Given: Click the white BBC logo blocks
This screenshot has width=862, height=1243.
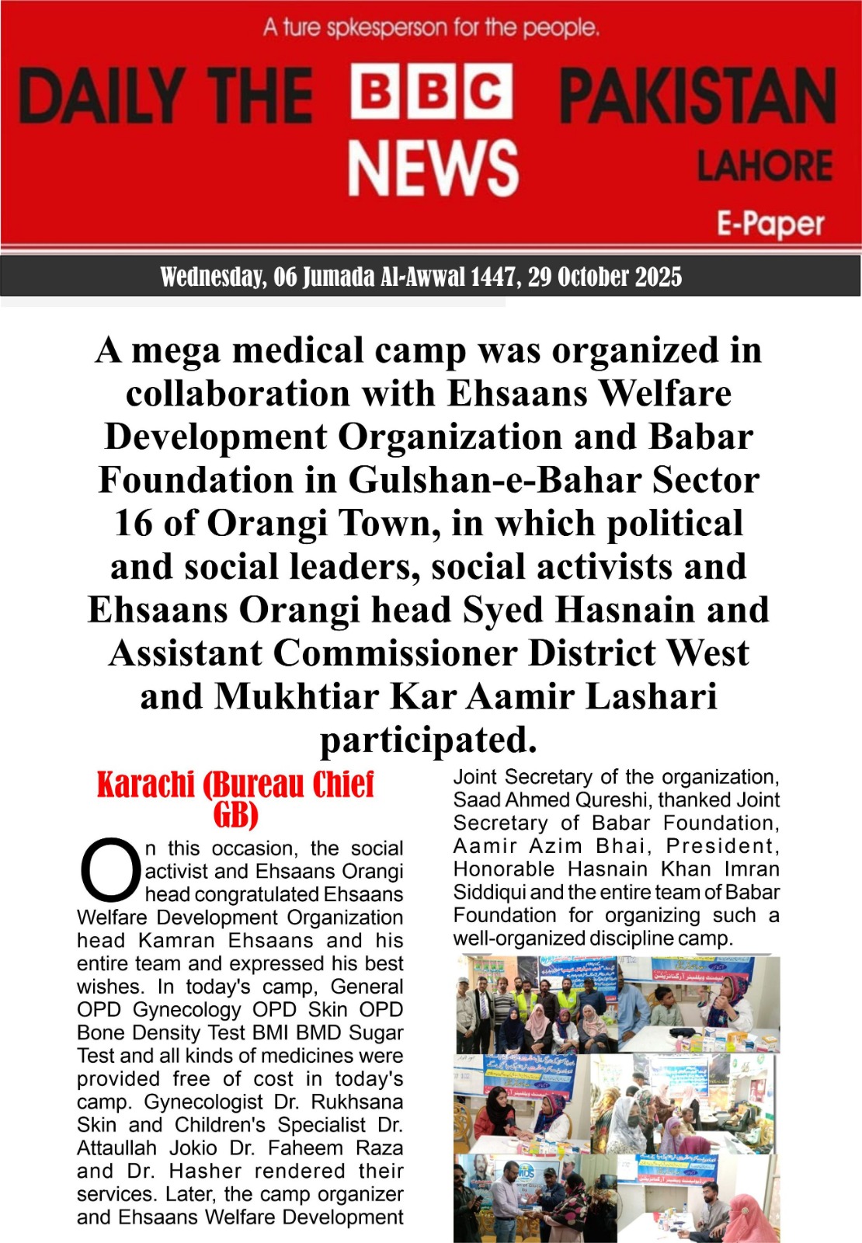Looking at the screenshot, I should click(431, 92).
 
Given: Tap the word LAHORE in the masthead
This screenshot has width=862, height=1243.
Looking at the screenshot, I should click(764, 166).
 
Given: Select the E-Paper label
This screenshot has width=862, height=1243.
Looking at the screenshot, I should click(770, 224).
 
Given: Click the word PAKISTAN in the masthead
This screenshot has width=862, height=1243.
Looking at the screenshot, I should click(697, 96).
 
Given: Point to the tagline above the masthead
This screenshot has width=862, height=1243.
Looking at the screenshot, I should click(431, 28).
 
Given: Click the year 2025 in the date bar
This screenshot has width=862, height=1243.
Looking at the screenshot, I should click(658, 277).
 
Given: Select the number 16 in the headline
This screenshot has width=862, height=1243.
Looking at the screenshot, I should click(134, 523).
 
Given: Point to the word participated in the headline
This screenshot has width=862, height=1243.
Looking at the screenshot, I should click(428, 740).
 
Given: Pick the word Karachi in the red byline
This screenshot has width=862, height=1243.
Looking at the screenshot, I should click(145, 785).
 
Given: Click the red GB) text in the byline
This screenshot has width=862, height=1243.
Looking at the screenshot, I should click(235, 814).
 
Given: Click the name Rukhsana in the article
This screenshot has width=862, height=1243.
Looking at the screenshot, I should click(364, 1102).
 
